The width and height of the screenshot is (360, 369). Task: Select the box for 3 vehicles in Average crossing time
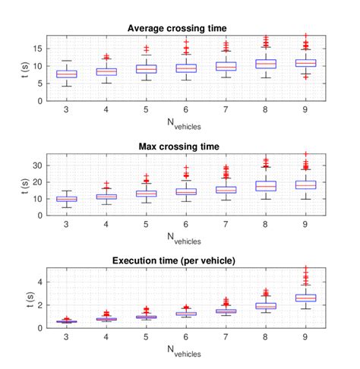tap(67, 74)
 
